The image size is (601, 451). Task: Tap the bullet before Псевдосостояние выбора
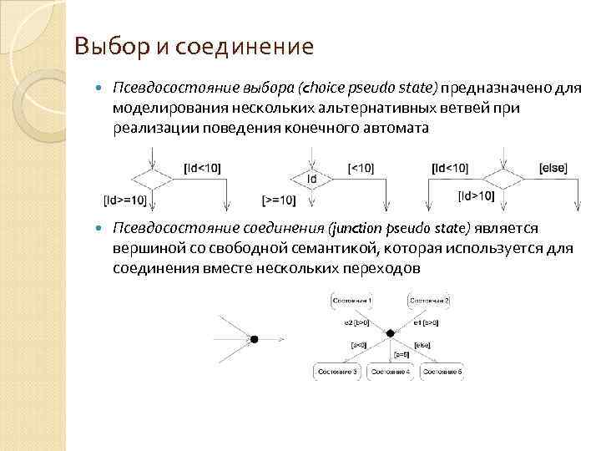pos(100,88)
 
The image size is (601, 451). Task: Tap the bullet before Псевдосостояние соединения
pos(100,228)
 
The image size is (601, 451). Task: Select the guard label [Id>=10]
pos(125,200)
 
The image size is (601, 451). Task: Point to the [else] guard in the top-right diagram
pos(553,168)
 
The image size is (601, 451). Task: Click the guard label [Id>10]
pos(477,196)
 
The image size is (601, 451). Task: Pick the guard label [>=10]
pos(279,200)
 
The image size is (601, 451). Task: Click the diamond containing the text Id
pos(312,179)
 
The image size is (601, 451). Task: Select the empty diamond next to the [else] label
pos(503,179)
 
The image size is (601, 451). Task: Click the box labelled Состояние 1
pos(353,300)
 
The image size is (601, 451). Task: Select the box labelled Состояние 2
pos(429,300)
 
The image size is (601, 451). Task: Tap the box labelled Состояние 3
pos(338,370)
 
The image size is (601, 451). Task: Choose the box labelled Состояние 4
pos(391,370)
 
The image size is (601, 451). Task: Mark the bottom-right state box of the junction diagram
pos(442,370)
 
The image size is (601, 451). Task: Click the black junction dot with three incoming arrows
pos(254,339)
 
